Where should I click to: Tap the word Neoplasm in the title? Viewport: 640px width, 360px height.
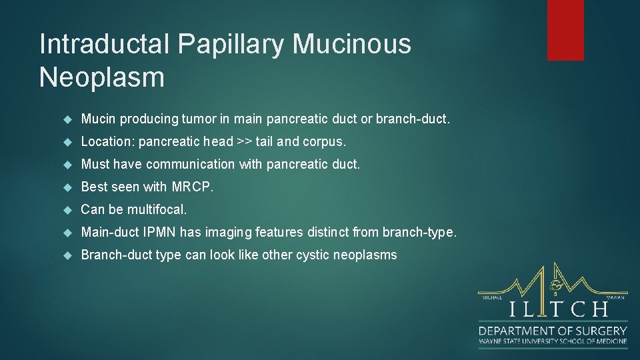pos(101,77)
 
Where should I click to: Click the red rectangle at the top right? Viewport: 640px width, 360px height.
pos(565,30)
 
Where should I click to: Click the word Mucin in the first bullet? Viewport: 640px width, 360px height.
pos(98,119)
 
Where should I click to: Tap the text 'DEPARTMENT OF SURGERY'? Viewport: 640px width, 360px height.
pos(553,330)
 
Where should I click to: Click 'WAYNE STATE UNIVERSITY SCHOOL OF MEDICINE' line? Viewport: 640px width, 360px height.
pos(553,341)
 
